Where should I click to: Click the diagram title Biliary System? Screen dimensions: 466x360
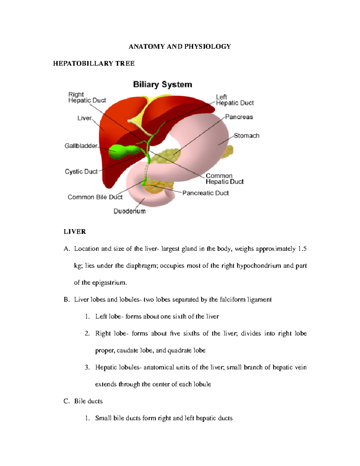[162, 84]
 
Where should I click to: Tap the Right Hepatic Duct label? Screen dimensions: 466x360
[87, 98]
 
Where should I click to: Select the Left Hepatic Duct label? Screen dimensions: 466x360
[235, 100]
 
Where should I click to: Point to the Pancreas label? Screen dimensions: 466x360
[239, 117]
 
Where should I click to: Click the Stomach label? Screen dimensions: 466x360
[247, 136]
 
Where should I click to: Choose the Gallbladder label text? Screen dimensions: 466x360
[81, 146]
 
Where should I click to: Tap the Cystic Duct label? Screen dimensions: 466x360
[81, 172]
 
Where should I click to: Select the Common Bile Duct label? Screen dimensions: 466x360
[95, 197]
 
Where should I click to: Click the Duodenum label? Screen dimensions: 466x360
[129, 211]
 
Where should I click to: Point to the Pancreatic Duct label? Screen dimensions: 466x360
[205, 193]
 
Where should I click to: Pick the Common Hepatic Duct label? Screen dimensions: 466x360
[224, 179]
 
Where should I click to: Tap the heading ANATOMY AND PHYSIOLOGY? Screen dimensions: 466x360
[180, 47]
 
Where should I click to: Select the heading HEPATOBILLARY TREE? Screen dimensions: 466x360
[94, 63]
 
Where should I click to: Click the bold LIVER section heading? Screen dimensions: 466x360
[75, 232]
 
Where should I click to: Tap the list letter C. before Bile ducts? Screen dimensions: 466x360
[67, 401]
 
